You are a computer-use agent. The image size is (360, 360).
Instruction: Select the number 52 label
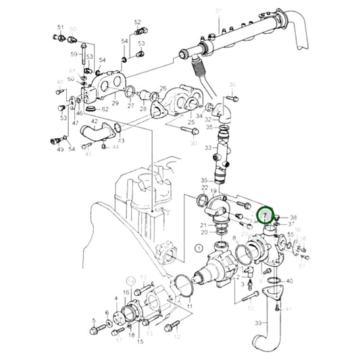(137, 22)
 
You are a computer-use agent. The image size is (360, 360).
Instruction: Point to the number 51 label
(60, 27)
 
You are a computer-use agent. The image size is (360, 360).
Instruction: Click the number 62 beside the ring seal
(105, 109)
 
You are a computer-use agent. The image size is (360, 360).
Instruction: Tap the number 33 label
(209, 147)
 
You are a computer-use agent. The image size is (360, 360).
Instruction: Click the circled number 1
(198, 249)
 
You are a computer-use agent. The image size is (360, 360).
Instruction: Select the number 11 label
(189, 306)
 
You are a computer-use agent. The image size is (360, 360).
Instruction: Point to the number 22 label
(204, 187)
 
